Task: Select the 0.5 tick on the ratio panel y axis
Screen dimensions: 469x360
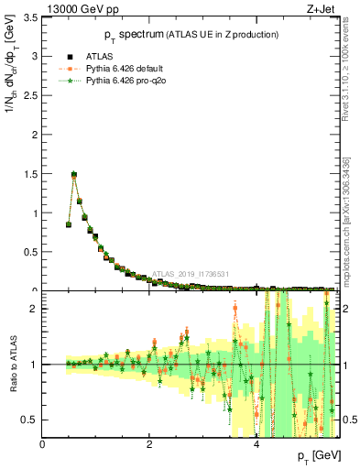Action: click(29, 420)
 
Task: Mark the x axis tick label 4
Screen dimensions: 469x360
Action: click(256, 445)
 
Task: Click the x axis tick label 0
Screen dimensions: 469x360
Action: click(43, 445)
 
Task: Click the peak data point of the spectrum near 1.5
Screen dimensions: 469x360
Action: click(74, 174)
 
